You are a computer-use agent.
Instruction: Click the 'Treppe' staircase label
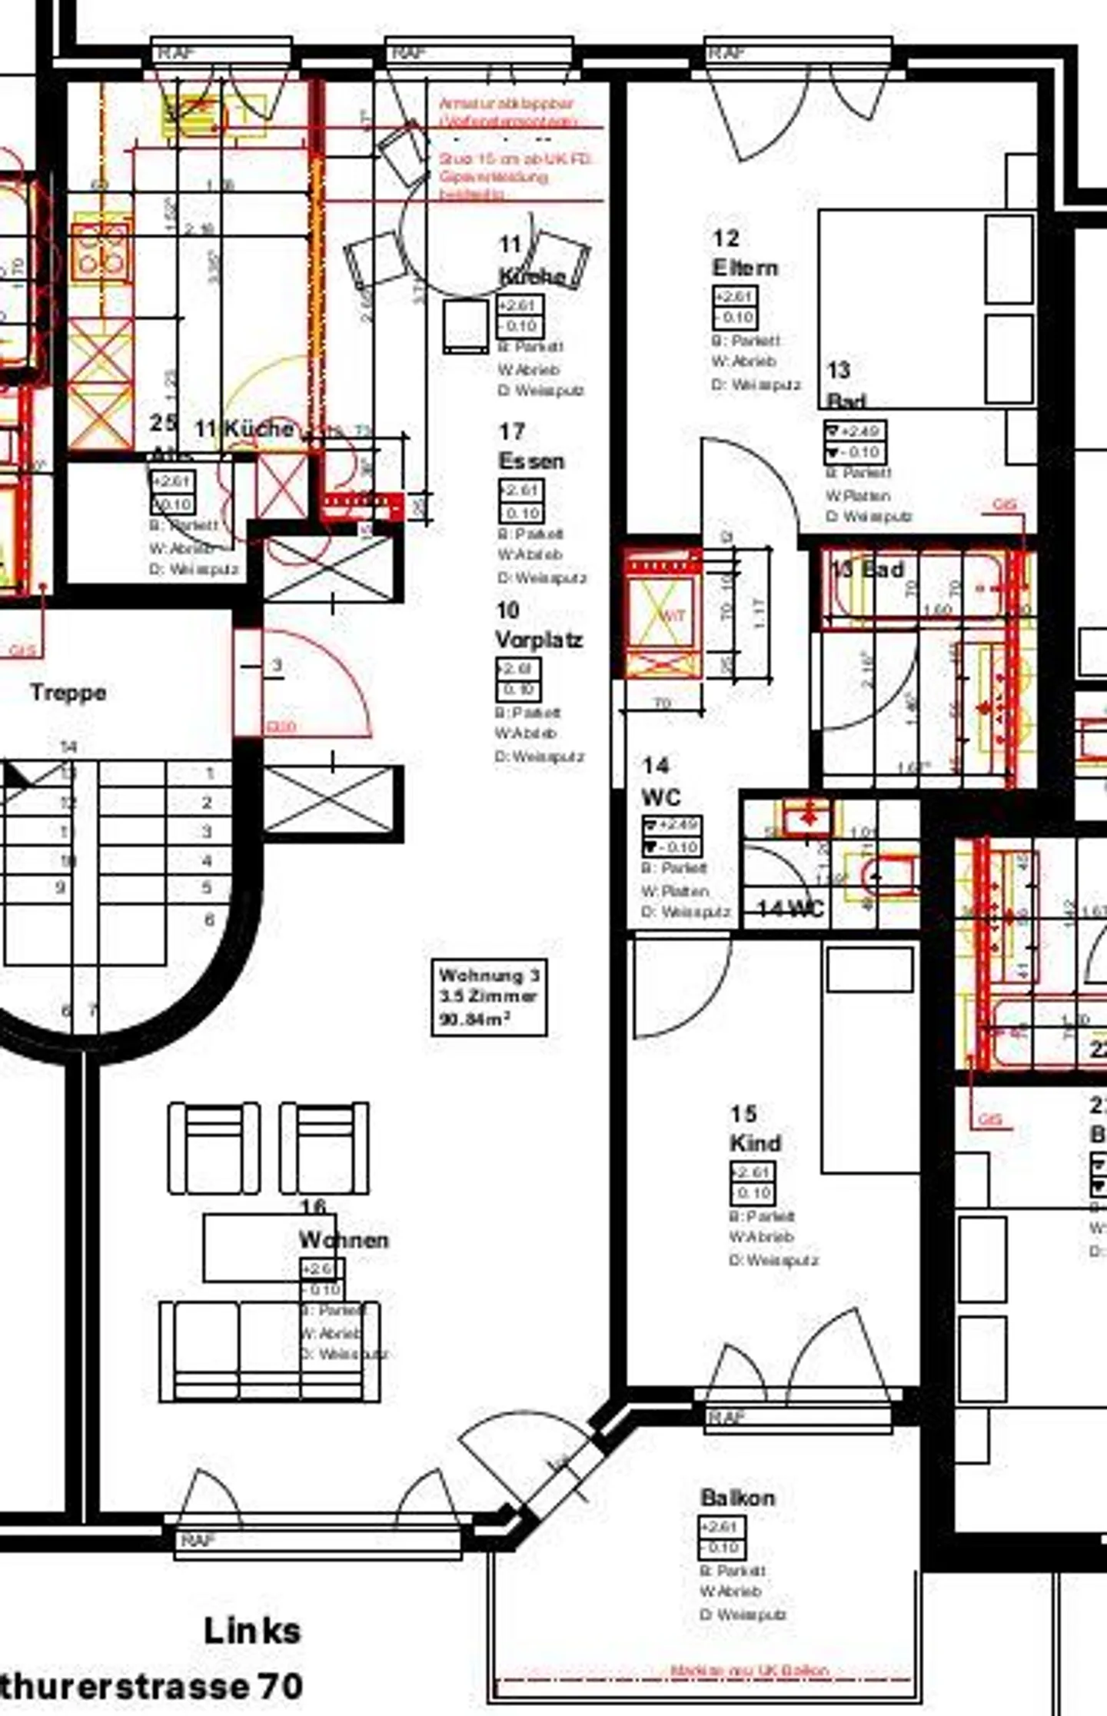(68, 692)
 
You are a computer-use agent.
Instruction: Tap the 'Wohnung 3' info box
(489, 996)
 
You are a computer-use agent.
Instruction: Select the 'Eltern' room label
(745, 268)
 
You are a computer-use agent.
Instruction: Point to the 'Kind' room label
(755, 1143)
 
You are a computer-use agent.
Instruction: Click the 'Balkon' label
(737, 1497)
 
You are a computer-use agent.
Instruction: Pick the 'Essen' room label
(531, 461)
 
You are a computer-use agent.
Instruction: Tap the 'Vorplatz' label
(539, 639)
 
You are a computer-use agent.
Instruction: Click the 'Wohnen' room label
(343, 1239)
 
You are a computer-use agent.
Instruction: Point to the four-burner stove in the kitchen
(100, 252)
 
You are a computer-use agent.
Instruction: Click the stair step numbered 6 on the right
(209, 920)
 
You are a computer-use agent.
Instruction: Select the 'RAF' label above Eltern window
(726, 53)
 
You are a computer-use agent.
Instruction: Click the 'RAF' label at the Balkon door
(726, 1417)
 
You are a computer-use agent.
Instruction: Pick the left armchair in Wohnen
(214, 1148)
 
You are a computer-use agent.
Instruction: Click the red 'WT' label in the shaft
(674, 614)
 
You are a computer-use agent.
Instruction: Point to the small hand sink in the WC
(807, 816)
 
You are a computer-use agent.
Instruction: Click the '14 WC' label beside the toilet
(790, 909)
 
